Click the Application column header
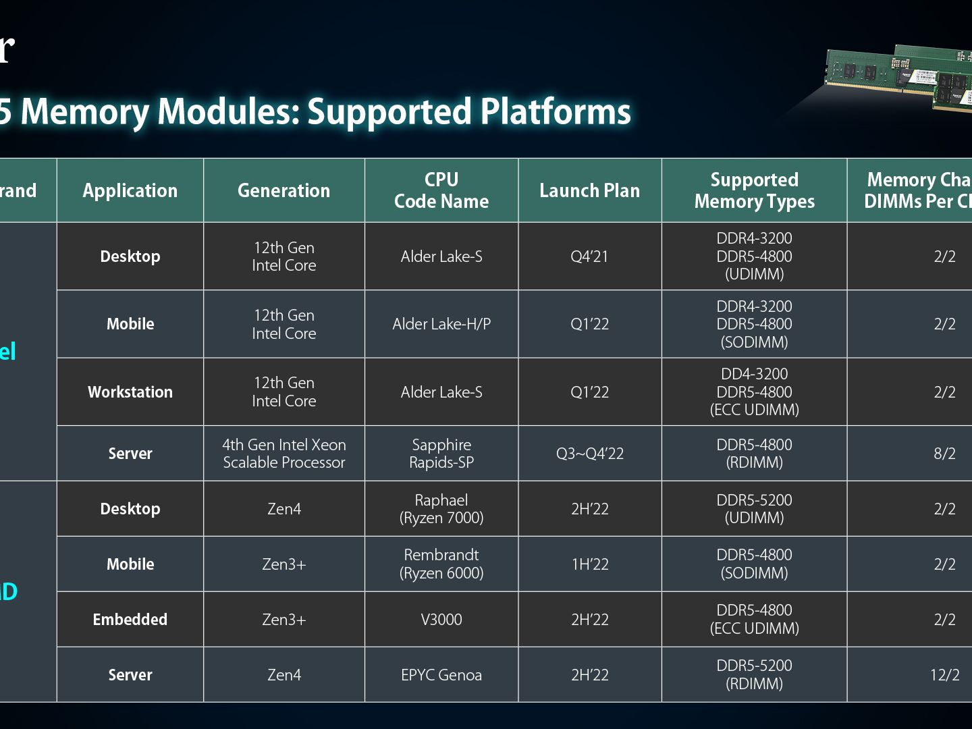130,190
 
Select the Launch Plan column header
589,190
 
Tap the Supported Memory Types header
754,190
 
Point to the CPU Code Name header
441,190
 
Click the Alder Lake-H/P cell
441,324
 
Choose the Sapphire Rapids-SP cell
441,454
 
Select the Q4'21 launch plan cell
589,256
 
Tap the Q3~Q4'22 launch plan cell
589,454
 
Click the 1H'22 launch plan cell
589,564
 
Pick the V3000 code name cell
441,620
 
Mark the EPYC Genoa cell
441,675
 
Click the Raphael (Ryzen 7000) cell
441,509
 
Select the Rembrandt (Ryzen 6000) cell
441,564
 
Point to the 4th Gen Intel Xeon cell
283,454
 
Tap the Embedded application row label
130,620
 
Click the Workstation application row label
130,392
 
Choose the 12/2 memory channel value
944,675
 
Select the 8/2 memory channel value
944,454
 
